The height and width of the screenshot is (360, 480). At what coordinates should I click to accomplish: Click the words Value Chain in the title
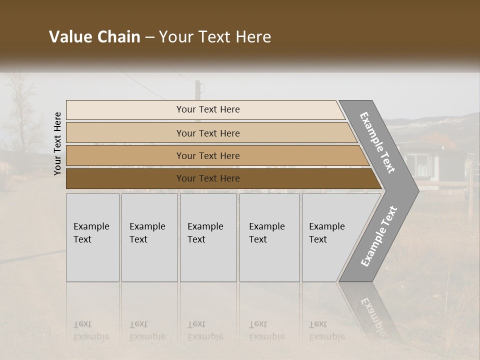click(94, 37)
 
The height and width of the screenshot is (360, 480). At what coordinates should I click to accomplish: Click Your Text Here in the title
click(215, 37)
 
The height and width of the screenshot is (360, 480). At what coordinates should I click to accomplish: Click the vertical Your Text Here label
click(57, 143)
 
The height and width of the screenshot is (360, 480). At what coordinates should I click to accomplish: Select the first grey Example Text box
click(92, 237)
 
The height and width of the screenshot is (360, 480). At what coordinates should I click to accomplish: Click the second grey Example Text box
click(149, 237)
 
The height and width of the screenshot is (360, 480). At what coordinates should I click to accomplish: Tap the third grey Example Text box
click(208, 237)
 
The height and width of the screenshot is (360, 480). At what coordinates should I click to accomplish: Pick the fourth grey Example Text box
click(269, 237)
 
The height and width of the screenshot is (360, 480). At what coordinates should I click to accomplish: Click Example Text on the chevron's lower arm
click(379, 236)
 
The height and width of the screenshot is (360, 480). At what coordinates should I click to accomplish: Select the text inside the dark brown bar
click(208, 178)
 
